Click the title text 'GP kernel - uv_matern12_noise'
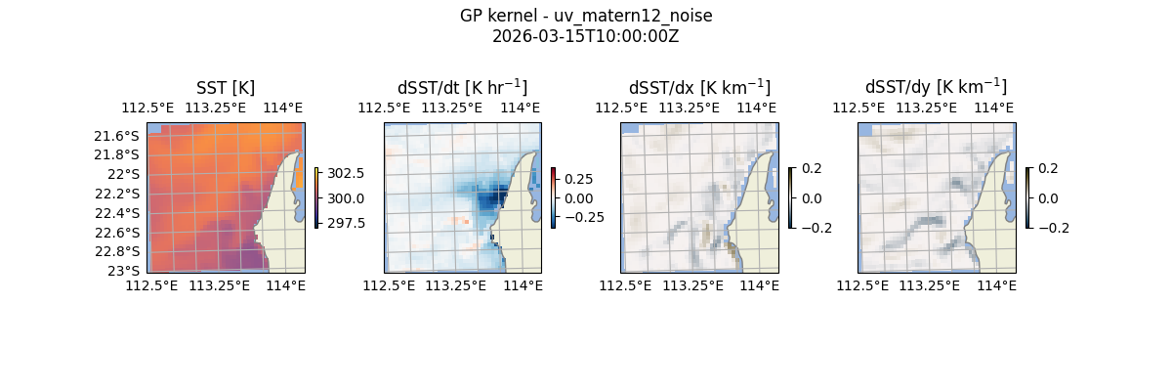pos(586,16)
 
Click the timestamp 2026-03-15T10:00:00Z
pos(586,36)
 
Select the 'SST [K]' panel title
pos(226,87)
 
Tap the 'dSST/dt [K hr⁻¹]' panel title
pos(462,87)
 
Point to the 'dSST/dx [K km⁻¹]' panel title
pos(699,87)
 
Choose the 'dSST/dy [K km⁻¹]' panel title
pos(936,87)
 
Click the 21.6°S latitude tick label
pos(116,135)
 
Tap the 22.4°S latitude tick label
pos(116,213)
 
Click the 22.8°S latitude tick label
pos(116,251)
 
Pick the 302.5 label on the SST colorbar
pos(348,173)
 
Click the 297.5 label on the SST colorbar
pos(348,223)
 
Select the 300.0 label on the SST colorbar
pos(348,198)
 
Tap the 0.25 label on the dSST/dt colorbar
pos(579,179)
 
